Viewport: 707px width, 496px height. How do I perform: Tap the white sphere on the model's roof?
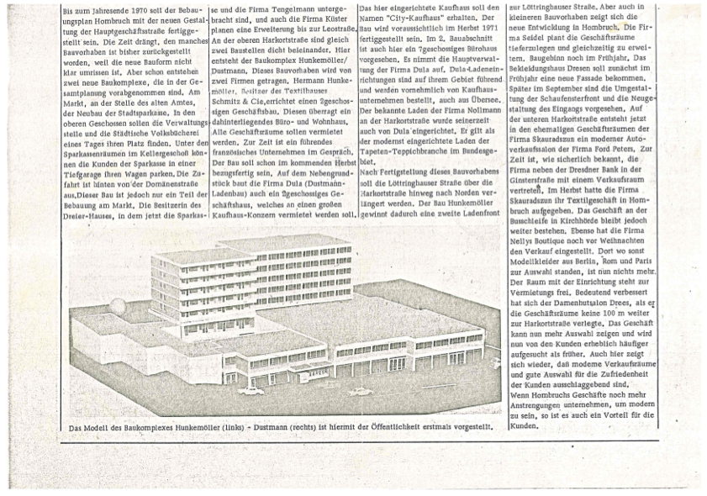pyautogui.click(x=120, y=303)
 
